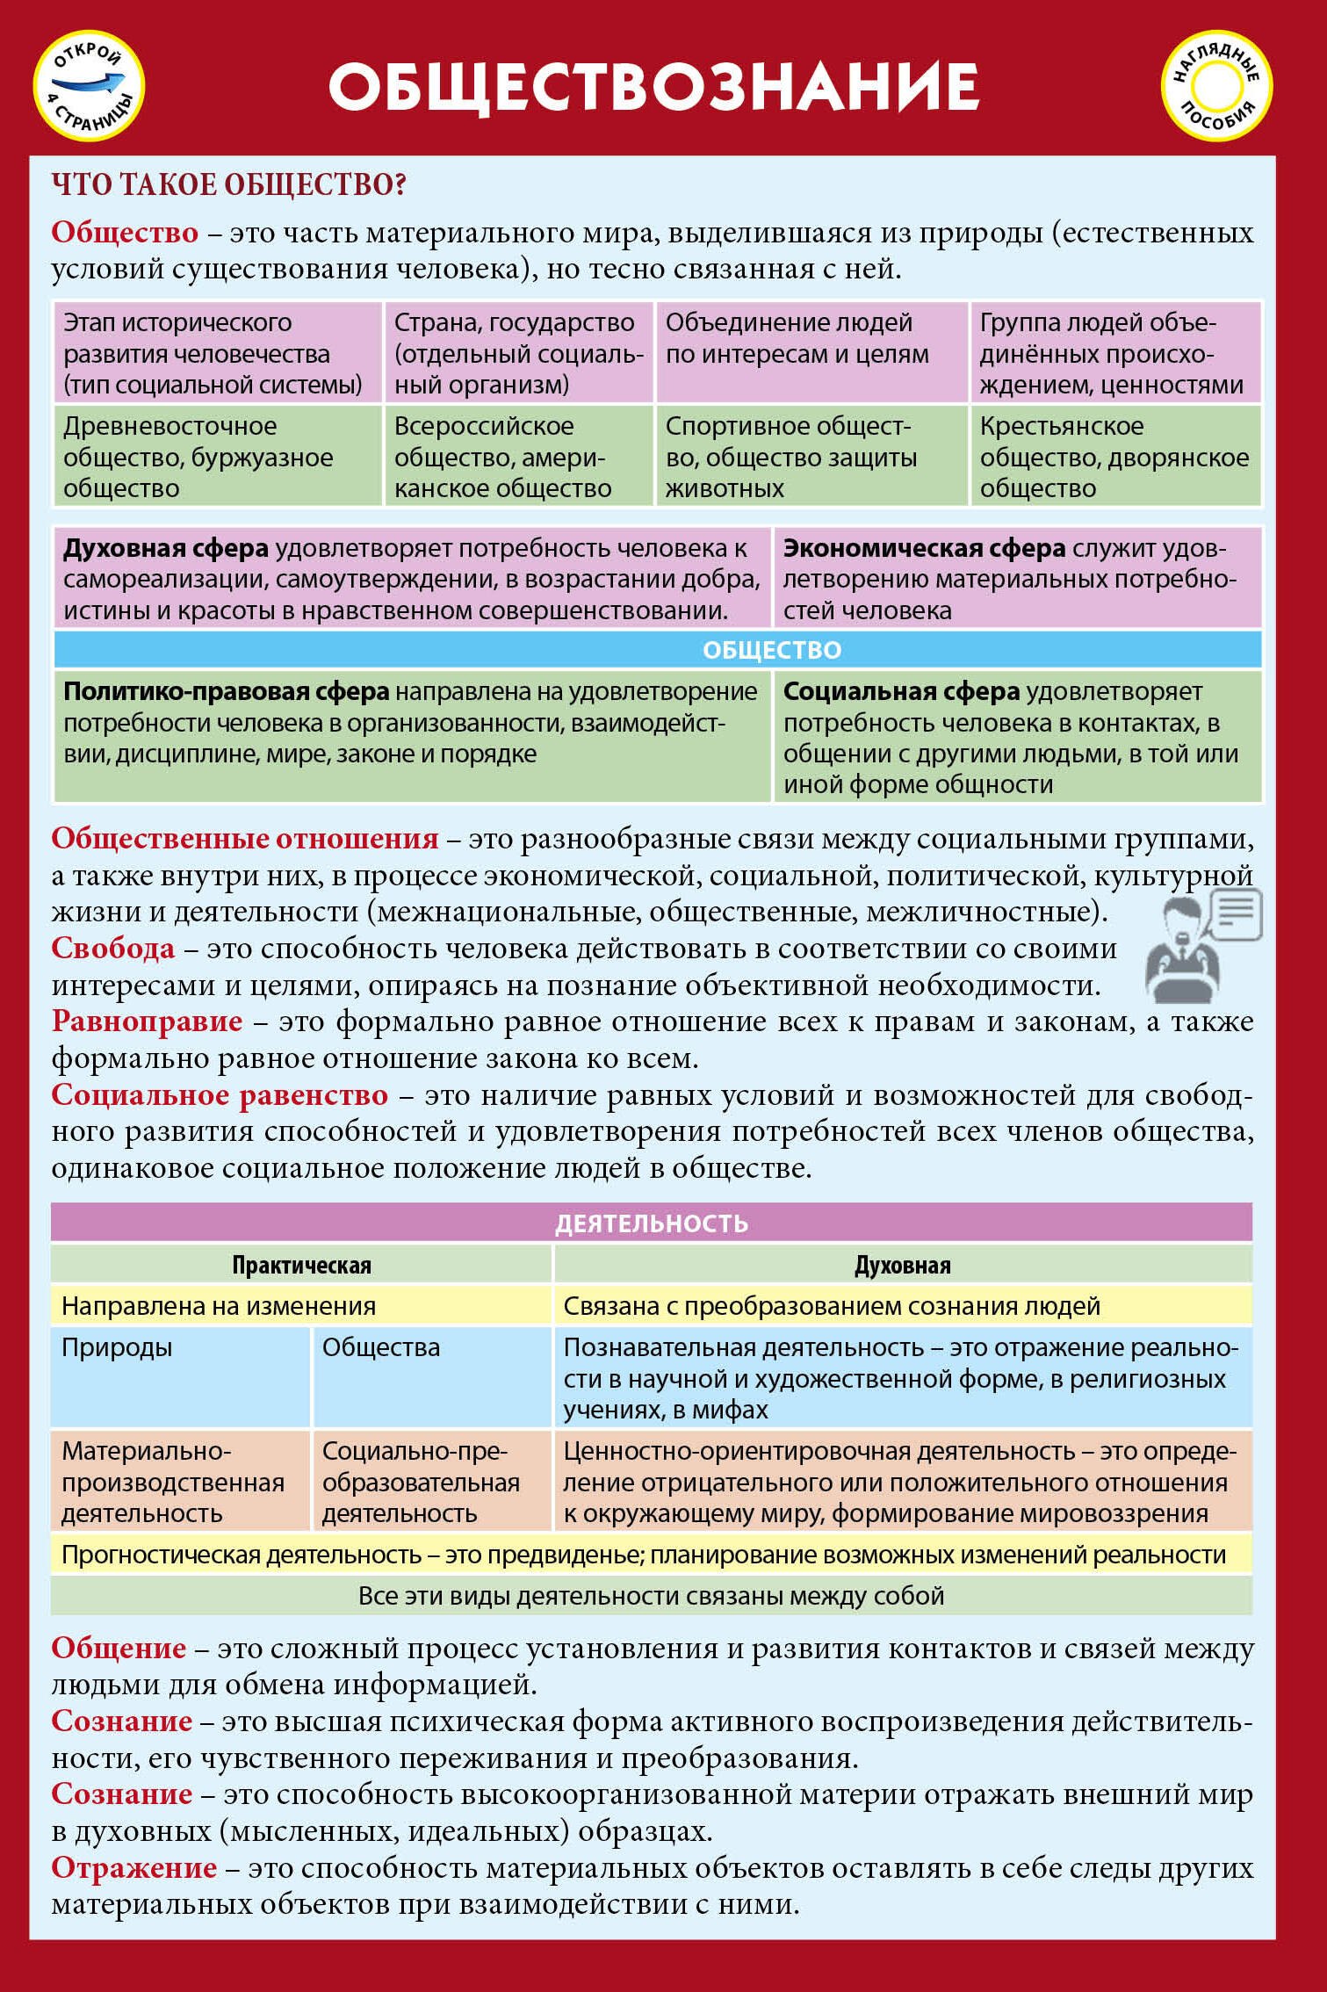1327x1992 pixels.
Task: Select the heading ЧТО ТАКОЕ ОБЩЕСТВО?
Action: point(228,184)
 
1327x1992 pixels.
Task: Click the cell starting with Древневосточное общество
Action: point(218,457)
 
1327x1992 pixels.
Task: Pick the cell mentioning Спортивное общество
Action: point(811,457)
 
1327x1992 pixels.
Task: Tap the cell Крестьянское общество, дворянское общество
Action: point(1114,457)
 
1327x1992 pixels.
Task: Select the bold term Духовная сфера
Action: point(165,549)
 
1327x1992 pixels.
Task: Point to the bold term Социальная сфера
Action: point(901,692)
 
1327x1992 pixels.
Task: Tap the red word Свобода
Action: point(112,949)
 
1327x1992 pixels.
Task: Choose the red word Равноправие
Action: point(147,1021)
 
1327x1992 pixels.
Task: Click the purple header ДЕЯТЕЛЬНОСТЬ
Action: point(651,1223)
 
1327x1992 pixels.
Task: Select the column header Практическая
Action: point(301,1265)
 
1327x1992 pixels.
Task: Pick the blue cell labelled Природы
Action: point(179,1375)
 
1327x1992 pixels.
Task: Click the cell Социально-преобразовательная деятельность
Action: point(430,1482)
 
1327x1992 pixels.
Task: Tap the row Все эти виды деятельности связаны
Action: point(651,1596)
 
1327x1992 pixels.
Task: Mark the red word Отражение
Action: point(133,1868)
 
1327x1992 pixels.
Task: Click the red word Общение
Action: point(119,1649)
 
